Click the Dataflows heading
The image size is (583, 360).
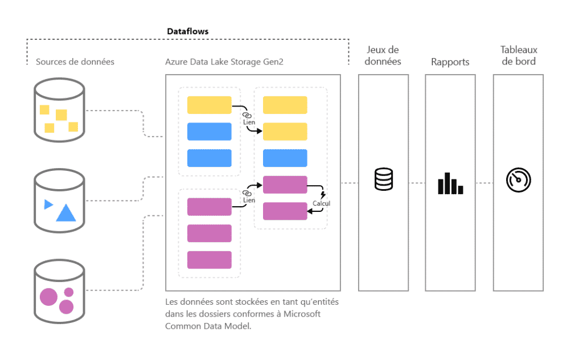tap(187, 31)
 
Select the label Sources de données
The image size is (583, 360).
tap(75, 62)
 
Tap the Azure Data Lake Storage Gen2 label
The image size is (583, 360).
tap(224, 62)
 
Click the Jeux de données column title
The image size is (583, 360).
tap(383, 56)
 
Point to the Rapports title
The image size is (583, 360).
tap(450, 62)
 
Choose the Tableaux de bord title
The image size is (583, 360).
tap(518, 56)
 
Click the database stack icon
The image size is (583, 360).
tap(383, 179)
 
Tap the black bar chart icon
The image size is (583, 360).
tap(450, 183)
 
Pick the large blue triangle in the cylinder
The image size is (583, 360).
tap(66, 213)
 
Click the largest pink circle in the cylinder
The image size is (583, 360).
tap(48, 297)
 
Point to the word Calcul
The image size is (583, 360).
tap(321, 203)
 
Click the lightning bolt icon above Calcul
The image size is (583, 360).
tap(323, 195)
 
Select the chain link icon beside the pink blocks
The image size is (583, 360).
tap(247, 193)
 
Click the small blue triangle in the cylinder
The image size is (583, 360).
tap(48, 204)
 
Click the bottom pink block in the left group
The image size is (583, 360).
tap(209, 260)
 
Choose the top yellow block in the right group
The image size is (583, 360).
tap(285, 105)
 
